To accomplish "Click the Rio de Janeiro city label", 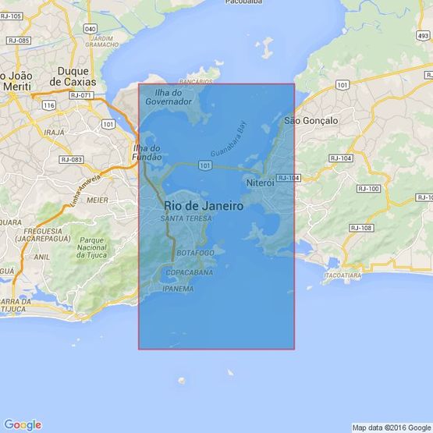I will pos(204,206).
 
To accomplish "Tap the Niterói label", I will pos(261,183).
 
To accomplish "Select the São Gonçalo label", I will pos(311,121).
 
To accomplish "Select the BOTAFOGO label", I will pos(195,254).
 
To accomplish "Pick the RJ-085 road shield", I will pos(18,40).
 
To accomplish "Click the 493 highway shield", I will pos(422,36).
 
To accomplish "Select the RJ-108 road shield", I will pos(362,228).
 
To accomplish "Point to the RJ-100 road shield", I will pos(368,189).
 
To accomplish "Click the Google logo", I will pos(22,424).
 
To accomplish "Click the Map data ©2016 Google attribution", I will pos(390,428).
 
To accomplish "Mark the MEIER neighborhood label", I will pos(76,199).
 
